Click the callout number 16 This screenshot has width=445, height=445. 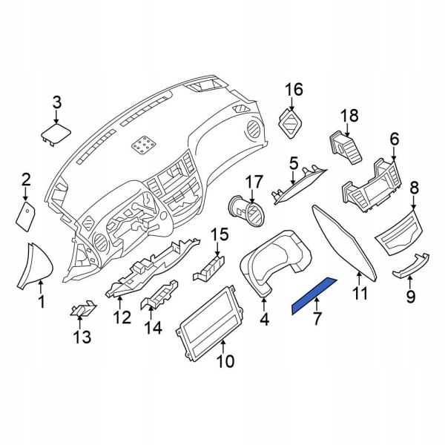point(294,90)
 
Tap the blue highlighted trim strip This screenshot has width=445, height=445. point(314,294)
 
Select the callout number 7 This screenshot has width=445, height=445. point(317,320)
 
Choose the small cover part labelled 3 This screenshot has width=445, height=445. point(56,135)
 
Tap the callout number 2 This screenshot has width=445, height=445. point(26,179)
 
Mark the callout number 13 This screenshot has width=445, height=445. point(82,337)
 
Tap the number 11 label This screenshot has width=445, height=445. point(360,294)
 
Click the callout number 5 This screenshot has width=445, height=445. point(293,162)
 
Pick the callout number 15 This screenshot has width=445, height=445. point(219,235)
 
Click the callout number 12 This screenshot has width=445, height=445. point(121,317)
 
